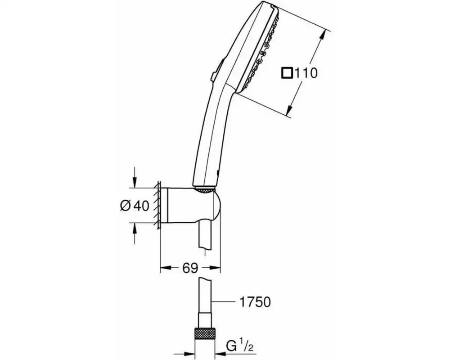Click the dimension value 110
(x=306, y=73)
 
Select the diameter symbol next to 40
(x=126, y=205)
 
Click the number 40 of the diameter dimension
(x=141, y=206)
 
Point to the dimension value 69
(x=190, y=268)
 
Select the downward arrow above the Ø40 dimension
(x=135, y=178)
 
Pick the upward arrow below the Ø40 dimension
(x=135, y=234)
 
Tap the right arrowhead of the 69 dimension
(x=215, y=268)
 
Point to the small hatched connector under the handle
(x=204, y=189)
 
